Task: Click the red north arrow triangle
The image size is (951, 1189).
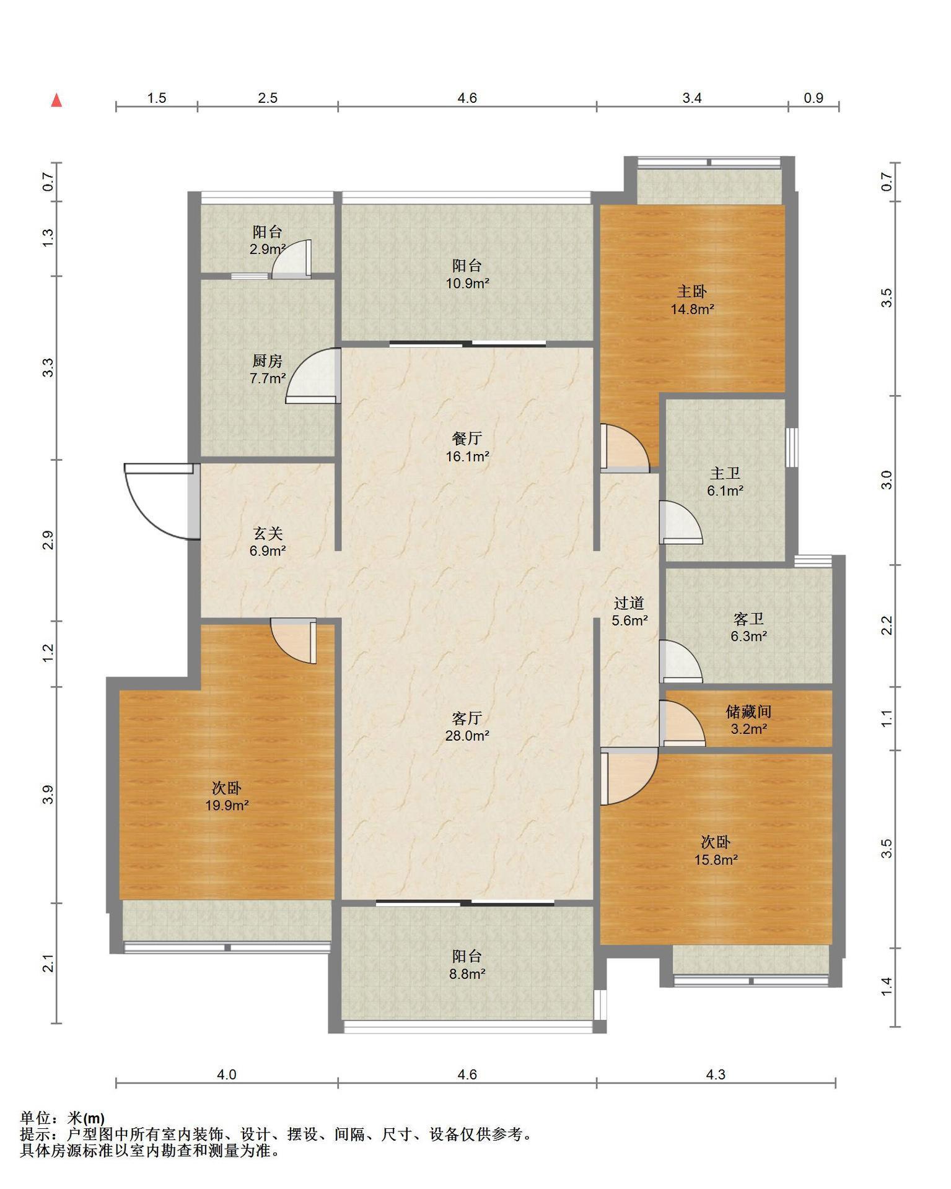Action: [x=56, y=100]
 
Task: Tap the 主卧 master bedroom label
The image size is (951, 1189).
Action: [x=692, y=291]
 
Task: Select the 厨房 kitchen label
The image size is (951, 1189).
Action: [x=267, y=361]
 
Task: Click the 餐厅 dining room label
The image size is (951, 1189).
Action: [x=467, y=439]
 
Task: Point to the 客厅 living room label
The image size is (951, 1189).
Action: [x=467, y=718]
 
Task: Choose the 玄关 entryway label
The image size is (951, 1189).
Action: [x=267, y=533]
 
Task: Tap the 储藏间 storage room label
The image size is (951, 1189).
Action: [x=748, y=712]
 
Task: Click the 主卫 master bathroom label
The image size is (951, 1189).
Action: [x=725, y=474]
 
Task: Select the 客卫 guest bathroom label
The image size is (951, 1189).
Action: [x=748, y=619]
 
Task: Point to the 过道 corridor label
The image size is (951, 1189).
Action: [x=629, y=603]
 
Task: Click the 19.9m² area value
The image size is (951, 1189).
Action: [x=227, y=806]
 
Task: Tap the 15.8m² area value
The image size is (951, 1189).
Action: [x=716, y=860]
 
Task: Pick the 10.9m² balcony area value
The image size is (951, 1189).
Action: [x=467, y=284]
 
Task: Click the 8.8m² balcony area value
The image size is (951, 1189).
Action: [x=467, y=973]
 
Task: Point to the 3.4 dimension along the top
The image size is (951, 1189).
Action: [x=692, y=98]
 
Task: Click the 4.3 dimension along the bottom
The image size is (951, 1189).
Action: [x=716, y=1074]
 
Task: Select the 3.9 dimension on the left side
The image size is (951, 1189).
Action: [x=48, y=795]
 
